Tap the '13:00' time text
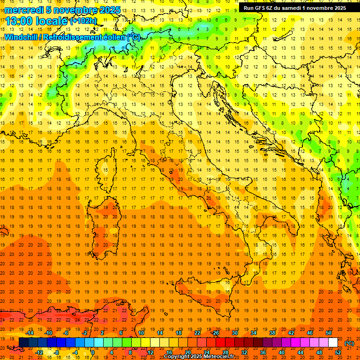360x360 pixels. pyautogui.click(x=19, y=21)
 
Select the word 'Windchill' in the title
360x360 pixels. pyautogui.click(x=21, y=37)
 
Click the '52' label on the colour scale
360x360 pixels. pyautogui.click(x=338, y=352)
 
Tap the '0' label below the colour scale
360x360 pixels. pyautogui.click(x=93, y=352)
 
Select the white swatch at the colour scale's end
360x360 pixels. pyautogui.click(x=333, y=343)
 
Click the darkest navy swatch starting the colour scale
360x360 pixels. pyautogui.click(x=23, y=343)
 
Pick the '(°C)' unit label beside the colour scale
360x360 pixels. pyautogui.click(x=349, y=343)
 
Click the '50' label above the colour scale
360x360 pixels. pyautogui.click(x=328, y=333)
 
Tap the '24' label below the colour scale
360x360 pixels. pyautogui.click(x=206, y=352)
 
